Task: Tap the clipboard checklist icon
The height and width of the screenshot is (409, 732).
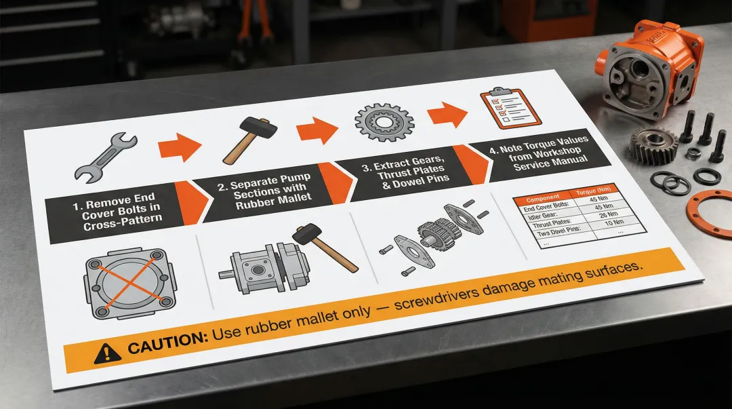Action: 510,106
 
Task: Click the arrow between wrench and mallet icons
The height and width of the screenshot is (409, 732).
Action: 180,146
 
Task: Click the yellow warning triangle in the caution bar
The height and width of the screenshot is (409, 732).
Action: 107,351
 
